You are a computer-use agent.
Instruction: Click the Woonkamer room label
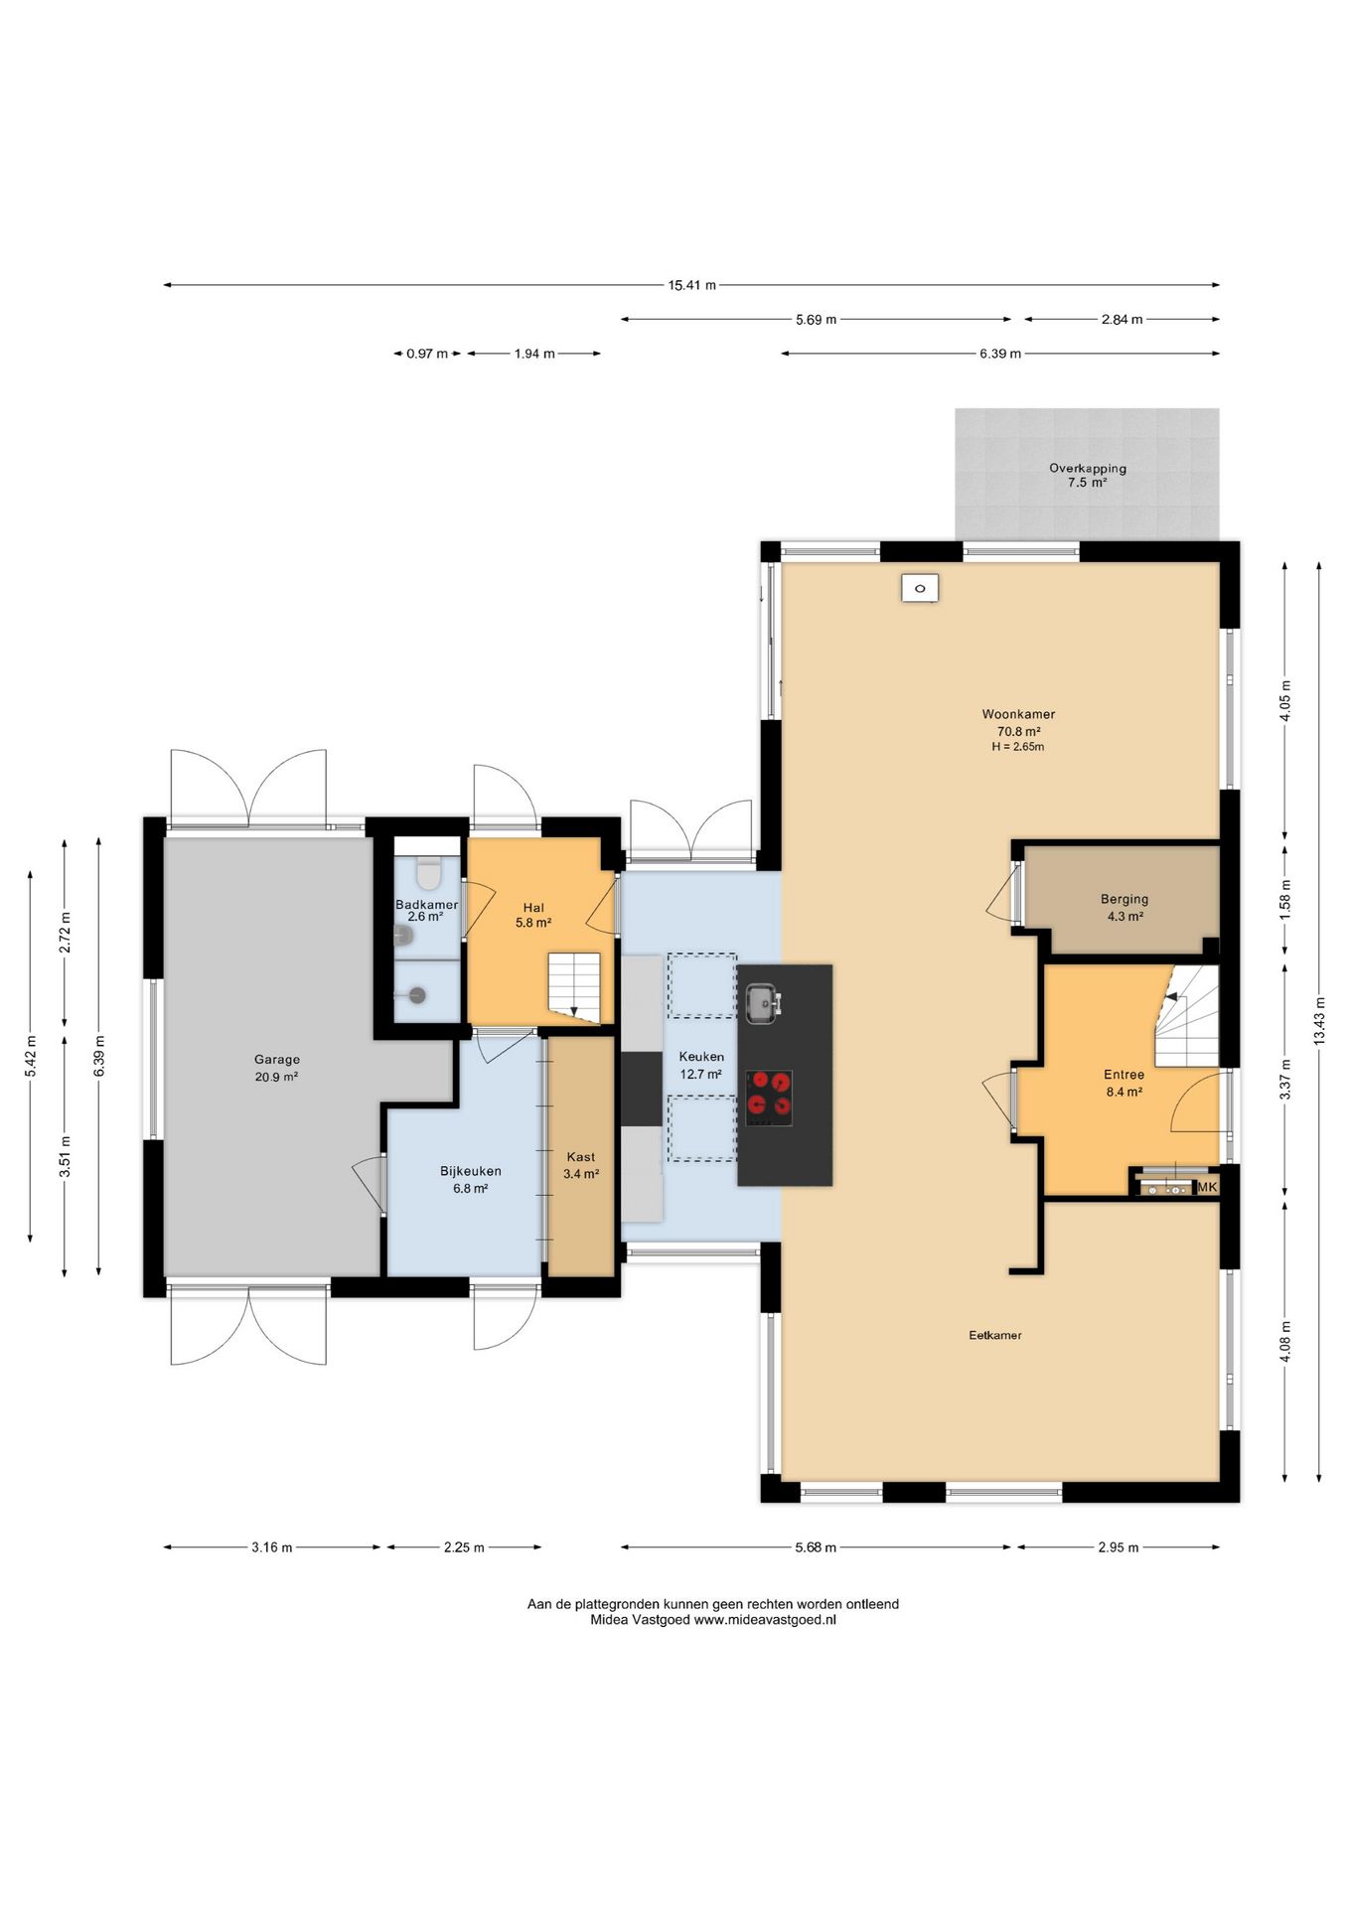pyautogui.click(x=1018, y=714)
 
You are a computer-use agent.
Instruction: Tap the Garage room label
pyautogui.click(x=276, y=1060)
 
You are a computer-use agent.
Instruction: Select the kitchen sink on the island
pyautogui.click(x=763, y=1002)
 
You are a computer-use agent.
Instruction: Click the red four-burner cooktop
pyautogui.click(x=769, y=1098)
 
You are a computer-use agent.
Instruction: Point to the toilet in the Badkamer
pyautogui.click(x=428, y=873)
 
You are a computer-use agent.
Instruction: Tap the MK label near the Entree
pyautogui.click(x=1207, y=1187)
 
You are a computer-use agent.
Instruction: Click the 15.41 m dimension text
pyautogui.click(x=691, y=285)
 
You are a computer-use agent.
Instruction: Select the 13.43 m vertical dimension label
pyautogui.click(x=1319, y=1020)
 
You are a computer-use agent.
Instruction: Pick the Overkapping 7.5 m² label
pyautogui.click(x=1088, y=475)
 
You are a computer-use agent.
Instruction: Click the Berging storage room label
pyautogui.click(x=1124, y=899)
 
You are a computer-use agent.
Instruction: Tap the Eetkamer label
pyautogui.click(x=995, y=1335)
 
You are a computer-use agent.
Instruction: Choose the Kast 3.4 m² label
pyautogui.click(x=581, y=1165)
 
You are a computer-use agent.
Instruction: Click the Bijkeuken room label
pyautogui.click(x=471, y=1171)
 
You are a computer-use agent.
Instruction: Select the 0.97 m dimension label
pyautogui.click(x=427, y=354)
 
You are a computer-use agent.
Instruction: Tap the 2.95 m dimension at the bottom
pyautogui.click(x=1119, y=1546)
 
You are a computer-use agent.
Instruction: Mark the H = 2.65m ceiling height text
pyautogui.click(x=1018, y=747)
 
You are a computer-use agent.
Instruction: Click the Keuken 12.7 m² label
pyautogui.click(x=701, y=1065)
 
